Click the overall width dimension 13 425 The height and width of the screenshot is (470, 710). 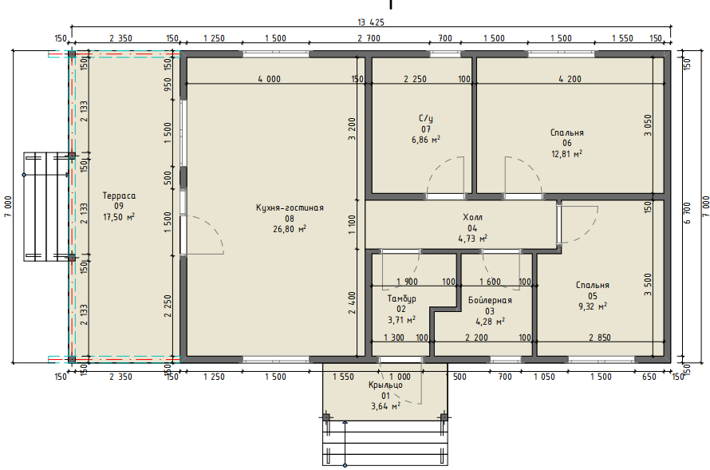click(370, 22)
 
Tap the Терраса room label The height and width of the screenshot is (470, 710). click(119, 196)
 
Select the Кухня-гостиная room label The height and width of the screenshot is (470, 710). click(290, 207)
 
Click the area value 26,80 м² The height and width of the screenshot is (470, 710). click(290, 229)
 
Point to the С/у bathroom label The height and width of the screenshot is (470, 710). click(426, 119)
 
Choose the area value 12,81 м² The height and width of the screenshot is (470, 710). click(567, 154)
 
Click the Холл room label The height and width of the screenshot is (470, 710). click(472, 217)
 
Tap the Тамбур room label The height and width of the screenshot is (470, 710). click(401, 299)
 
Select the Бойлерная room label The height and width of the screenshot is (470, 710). click(490, 300)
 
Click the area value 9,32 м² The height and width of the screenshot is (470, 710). click(593, 306)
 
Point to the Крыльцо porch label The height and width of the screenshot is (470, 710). click(385, 385)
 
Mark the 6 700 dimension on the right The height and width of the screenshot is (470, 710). click(688, 213)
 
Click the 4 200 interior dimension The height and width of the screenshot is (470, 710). click(570, 79)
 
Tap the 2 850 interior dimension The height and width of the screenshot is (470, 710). click(600, 338)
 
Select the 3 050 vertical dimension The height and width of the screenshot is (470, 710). click(648, 125)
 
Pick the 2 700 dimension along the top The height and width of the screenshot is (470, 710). click(369, 38)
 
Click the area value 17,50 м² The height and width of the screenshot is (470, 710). click(119, 217)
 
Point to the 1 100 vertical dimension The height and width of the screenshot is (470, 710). click(353, 224)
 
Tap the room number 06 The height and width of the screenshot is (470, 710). click(567, 143)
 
